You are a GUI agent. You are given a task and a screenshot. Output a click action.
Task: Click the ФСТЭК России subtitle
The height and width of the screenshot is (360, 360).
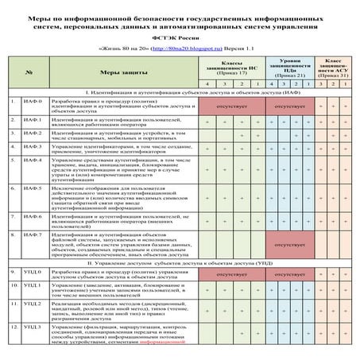(180, 37)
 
